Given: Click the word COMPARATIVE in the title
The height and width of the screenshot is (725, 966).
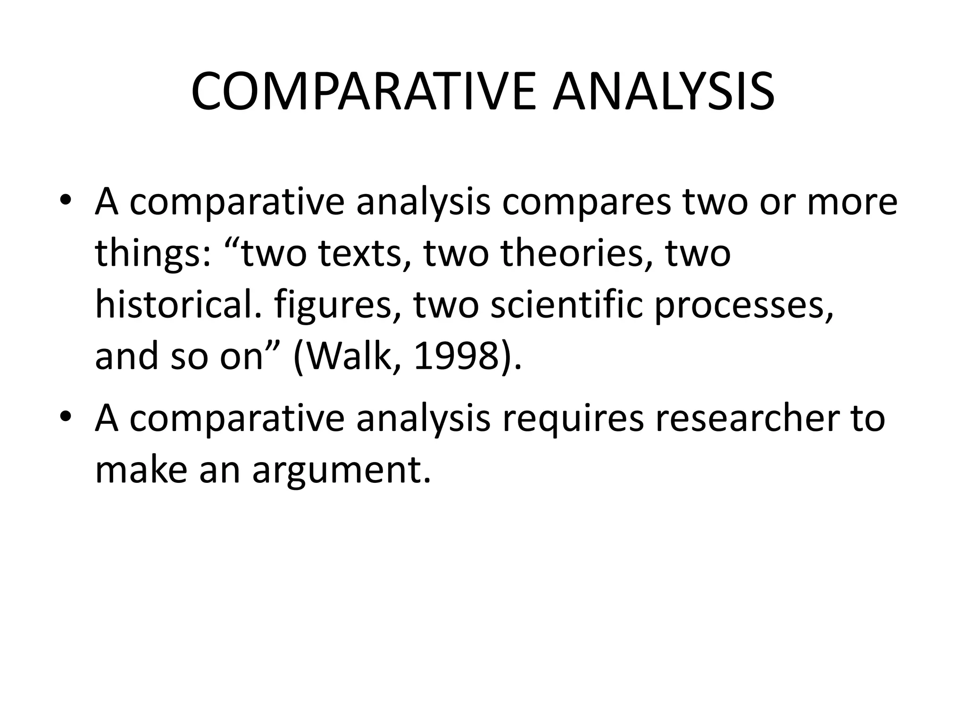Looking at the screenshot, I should pyautogui.click(x=363, y=92).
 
